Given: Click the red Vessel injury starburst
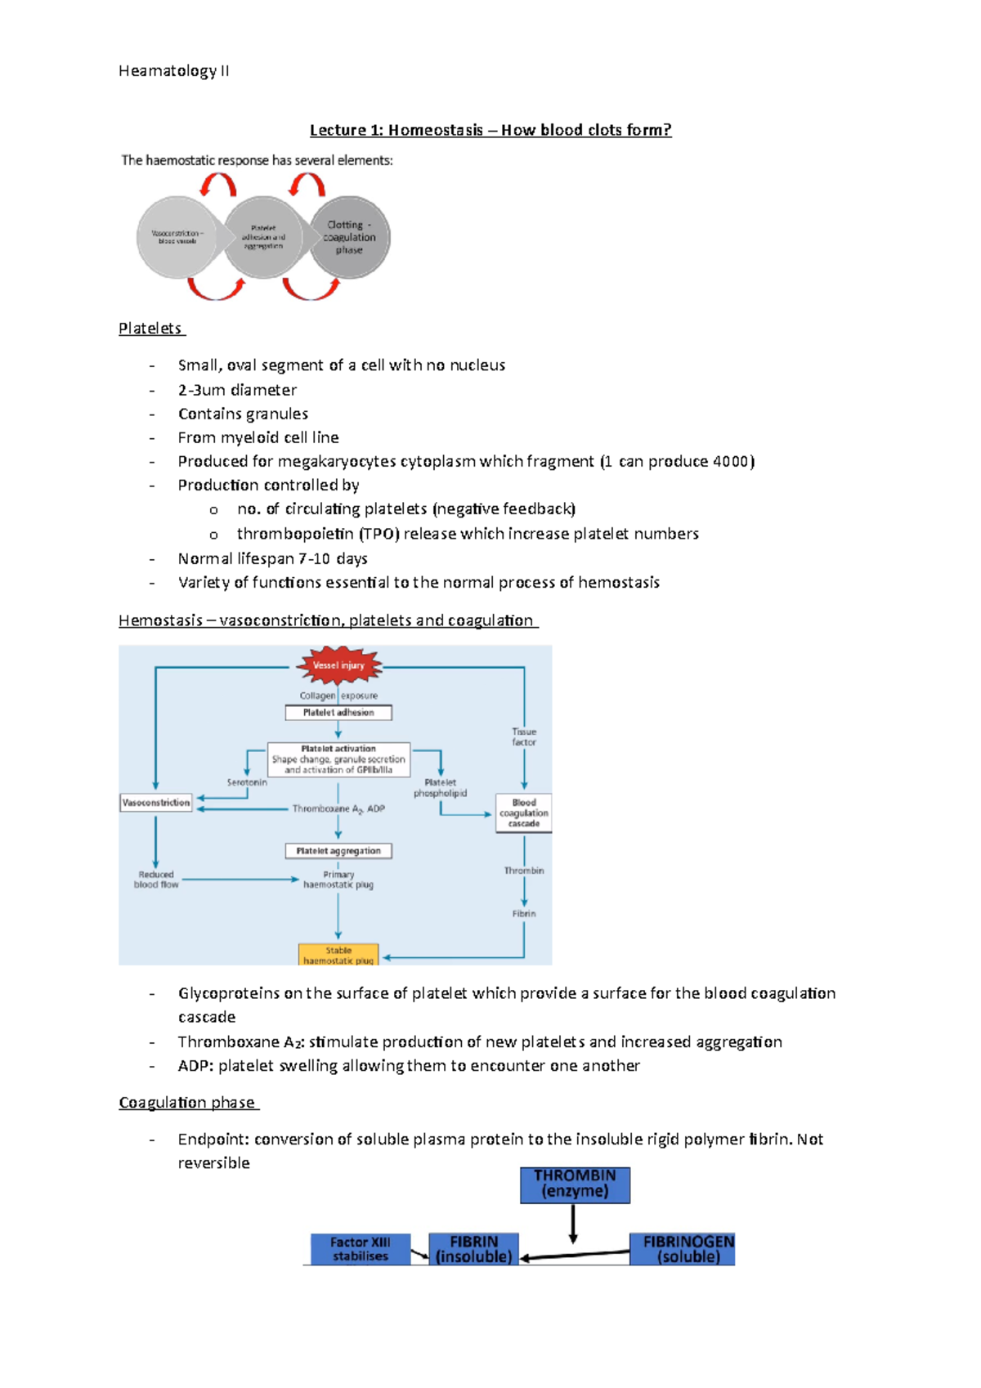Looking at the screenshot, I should (338, 665).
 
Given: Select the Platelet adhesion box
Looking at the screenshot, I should (338, 713).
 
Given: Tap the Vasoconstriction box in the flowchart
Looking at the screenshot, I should (155, 803).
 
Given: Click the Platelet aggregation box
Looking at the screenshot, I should (338, 851).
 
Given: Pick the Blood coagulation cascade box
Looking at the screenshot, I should (524, 813).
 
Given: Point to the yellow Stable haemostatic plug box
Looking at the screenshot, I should (338, 955).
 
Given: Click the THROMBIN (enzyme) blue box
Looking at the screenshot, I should (575, 1184).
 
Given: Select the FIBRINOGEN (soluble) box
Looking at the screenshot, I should (682, 1249).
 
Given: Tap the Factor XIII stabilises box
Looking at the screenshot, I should (361, 1249).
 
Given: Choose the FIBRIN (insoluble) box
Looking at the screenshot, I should (474, 1249).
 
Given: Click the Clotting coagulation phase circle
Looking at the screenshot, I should (349, 237).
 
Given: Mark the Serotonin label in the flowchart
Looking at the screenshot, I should (247, 782).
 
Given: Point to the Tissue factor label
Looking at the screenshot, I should (524, 737).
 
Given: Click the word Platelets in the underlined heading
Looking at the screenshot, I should (150, 329).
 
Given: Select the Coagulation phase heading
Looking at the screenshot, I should (187, 1103).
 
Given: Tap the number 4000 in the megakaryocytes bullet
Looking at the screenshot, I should (731, 462).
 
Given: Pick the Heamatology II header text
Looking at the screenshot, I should (174, 71).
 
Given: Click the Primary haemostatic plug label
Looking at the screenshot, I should (338, 880).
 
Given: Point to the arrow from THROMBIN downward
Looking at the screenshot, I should (573, 1224).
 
